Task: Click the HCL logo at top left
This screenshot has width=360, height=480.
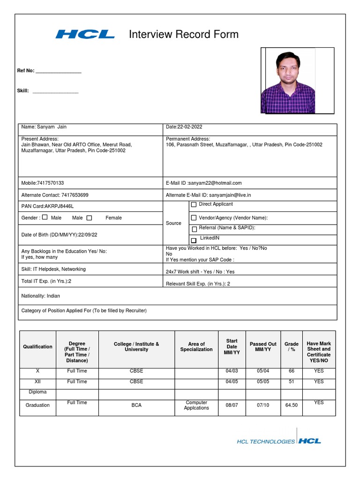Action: click(85, 34)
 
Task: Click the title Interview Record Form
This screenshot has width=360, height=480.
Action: click(183, 34)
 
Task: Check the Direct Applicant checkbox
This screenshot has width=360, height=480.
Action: click(194, 205)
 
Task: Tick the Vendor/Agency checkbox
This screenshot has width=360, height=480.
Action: click(194, 218)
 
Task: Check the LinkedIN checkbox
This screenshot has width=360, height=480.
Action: click(194, 240)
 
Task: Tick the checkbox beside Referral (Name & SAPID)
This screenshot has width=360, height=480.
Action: click(194, 229)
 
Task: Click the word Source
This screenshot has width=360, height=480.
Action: click(173, 223)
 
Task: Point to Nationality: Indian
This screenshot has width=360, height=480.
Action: click(41, 296)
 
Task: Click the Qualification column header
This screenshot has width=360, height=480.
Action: click(37, 347)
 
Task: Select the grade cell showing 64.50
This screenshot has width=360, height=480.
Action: click(291, 405)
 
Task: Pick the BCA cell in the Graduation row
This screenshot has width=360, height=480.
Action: click(136, 405)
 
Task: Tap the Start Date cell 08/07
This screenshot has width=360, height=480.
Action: click(232, 405)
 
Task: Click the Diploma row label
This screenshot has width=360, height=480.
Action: click(37, 392)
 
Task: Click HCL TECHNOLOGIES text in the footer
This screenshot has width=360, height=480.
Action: click(266, 441)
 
